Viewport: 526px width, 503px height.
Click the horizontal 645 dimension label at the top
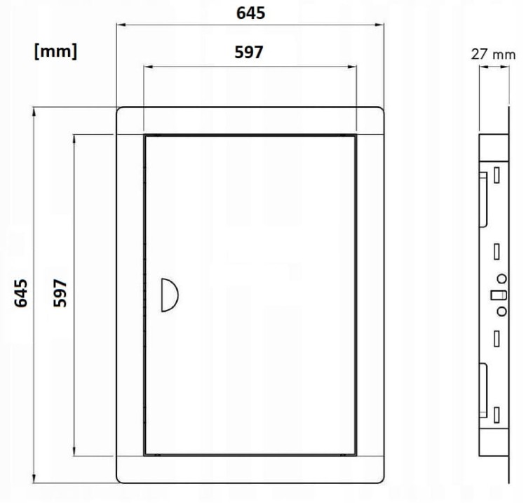[250, 13]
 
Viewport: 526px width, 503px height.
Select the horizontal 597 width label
[248, 53]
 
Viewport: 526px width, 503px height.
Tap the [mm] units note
[55, 52]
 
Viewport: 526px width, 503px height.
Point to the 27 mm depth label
[493, 54]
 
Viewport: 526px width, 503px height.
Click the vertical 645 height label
[21, 293]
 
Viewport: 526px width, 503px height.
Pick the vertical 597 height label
[60, 293]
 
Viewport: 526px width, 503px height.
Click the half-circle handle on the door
[170, 295]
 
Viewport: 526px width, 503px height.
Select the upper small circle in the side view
[501, 279]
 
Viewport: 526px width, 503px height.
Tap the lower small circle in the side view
[501, 311]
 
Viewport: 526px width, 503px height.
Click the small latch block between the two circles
[499, 295]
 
